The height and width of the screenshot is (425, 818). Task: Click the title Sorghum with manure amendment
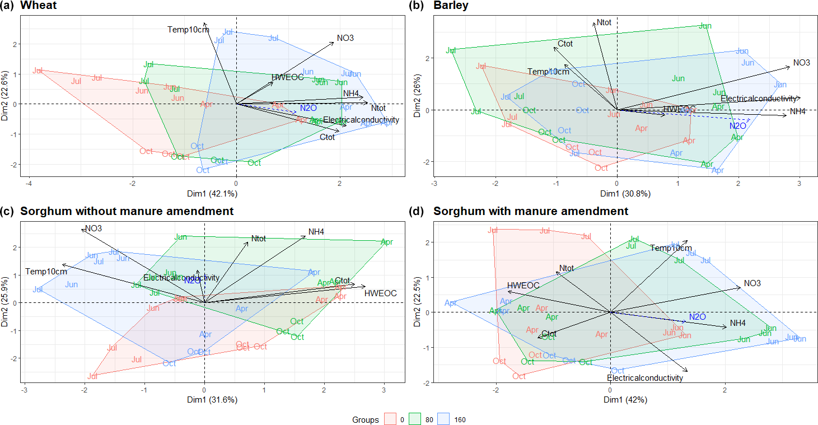(x=531, y=212)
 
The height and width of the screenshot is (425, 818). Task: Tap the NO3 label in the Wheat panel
(x=345, y=39)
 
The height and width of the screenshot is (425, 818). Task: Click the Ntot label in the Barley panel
(x=604, y=22)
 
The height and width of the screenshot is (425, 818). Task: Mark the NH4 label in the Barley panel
(x=797, y=112)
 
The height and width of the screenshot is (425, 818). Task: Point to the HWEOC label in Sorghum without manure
(x=380, y=293)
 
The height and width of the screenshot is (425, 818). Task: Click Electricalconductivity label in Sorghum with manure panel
(x=645, y=379)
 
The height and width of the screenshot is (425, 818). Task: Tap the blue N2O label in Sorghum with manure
(x=697, y=317)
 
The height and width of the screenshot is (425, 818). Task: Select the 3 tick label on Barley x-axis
(x=799, y=183)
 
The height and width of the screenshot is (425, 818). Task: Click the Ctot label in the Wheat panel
(x=327, y=137)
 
